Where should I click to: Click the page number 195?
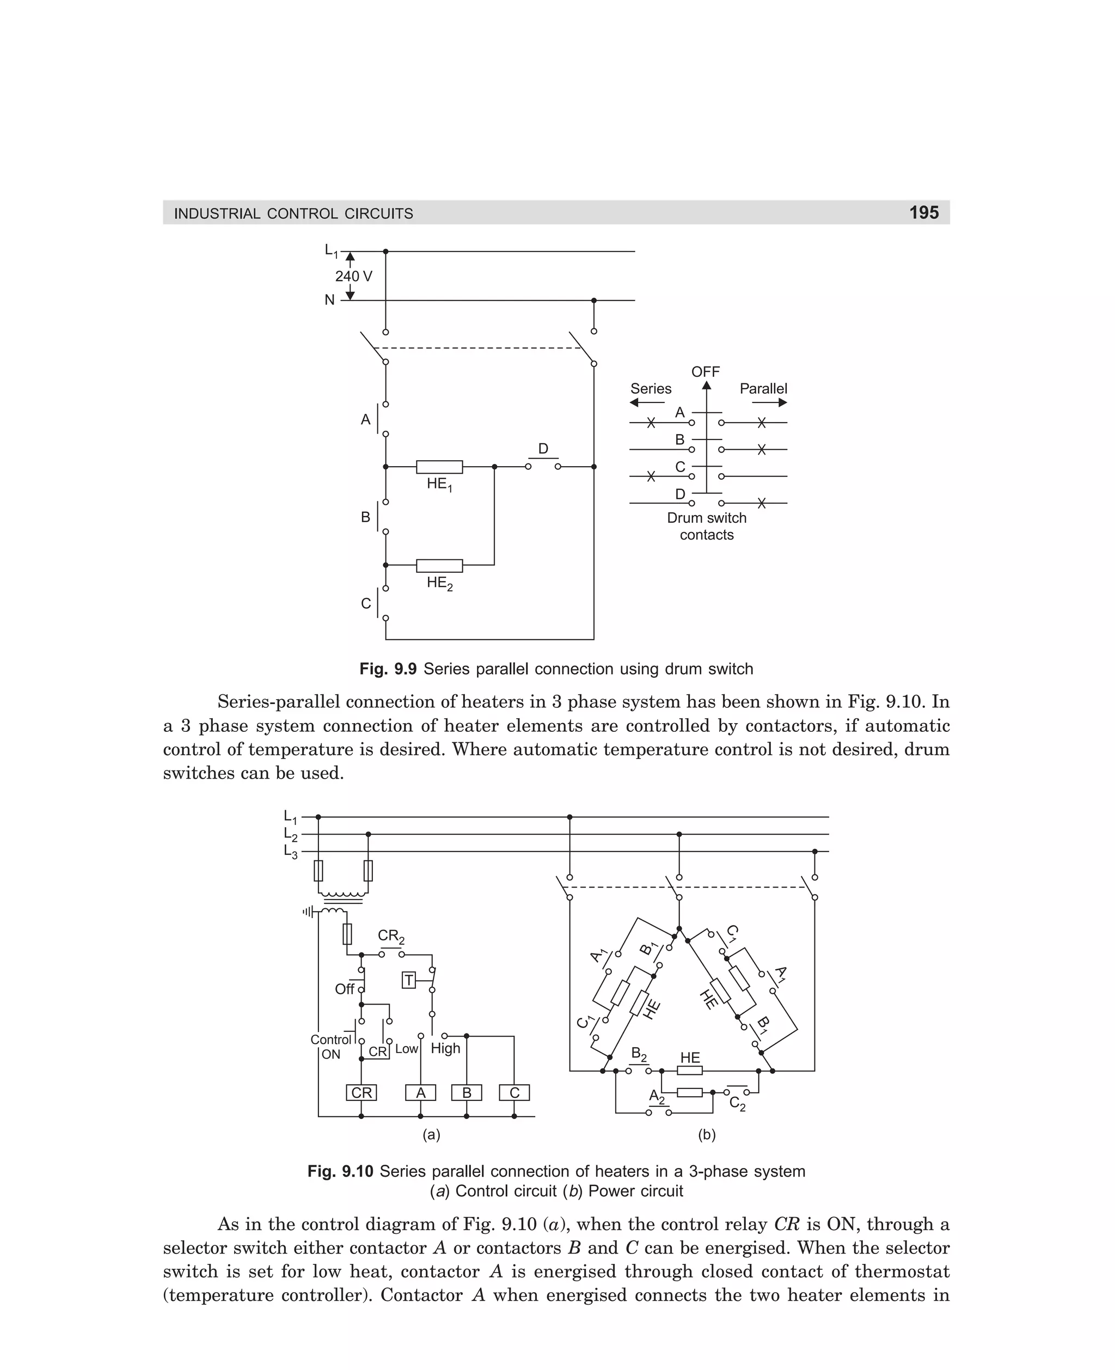(x=923, y=212)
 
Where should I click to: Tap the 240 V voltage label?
(x=353, y=276)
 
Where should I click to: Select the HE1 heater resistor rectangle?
(x=439, y=467)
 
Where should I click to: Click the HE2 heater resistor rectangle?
(x=439, y=566)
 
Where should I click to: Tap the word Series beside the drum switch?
(x=651, y=389)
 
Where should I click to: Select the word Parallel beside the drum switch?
(x=763, y=389)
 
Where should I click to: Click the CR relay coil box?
(x=361, y=1092)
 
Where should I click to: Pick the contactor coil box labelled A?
(x=421, y=1092)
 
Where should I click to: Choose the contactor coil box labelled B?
(x=467, y=1092)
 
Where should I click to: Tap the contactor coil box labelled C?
(x=514, y=1092)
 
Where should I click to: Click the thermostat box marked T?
(x=408, y=981)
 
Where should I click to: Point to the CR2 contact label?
(x=390, y=937)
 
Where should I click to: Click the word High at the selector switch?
(x=445, y=1048)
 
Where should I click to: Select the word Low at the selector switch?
(x=406, y=1048)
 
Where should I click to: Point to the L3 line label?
(x=291, y=852)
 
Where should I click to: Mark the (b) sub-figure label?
(x=707, y=1134)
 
